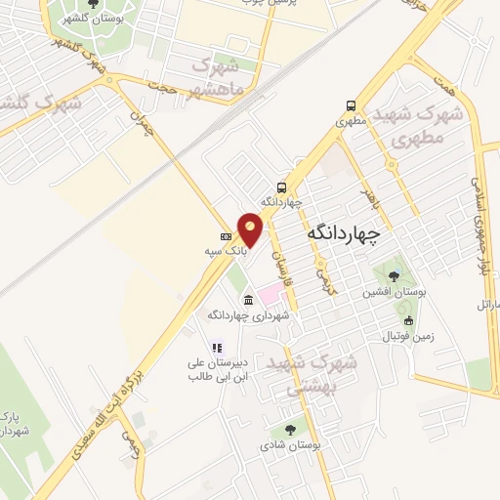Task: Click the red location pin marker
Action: pos(251,229)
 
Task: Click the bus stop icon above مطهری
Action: pos(350,106)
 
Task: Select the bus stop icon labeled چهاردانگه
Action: pos(281,187)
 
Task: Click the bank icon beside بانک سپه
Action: pos(226,236)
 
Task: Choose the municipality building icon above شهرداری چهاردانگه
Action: pos(248,300)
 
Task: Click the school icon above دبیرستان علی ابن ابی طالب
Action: pos(217,347)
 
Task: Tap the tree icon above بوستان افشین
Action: pos(394,276)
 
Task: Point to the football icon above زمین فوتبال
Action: pos(408,321)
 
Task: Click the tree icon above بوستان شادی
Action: pos(290,429)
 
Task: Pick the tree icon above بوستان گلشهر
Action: pos(93,5)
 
